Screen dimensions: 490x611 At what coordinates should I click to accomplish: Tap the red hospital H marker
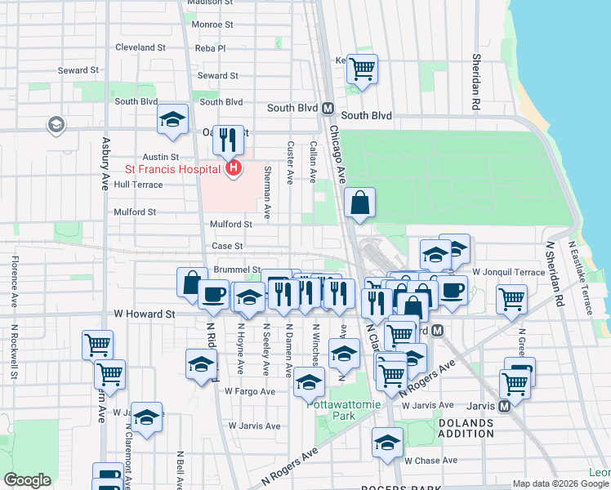pos(234,169)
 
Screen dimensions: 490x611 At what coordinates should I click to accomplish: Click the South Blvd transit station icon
pos(328,108)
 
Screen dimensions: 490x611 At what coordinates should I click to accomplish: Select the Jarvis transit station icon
pos(504,405)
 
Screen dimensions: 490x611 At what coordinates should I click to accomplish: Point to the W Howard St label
pos(145,314)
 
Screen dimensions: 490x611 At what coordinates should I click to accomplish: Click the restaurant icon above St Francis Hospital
pos(229,139)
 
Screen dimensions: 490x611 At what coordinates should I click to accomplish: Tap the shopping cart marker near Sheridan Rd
pos(511,298)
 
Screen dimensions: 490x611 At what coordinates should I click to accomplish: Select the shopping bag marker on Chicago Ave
pos(359,202)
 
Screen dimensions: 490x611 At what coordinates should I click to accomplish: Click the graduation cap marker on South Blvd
pos(172,119)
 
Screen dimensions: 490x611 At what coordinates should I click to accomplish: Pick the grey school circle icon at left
pos(56,125)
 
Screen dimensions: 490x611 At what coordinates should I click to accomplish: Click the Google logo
pos(27,480)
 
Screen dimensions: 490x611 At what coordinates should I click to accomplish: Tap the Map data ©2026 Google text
pos(560,483)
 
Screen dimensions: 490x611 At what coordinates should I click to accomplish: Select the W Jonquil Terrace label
pos(508,271)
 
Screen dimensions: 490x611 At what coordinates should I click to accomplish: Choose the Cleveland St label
pos(140,47)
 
